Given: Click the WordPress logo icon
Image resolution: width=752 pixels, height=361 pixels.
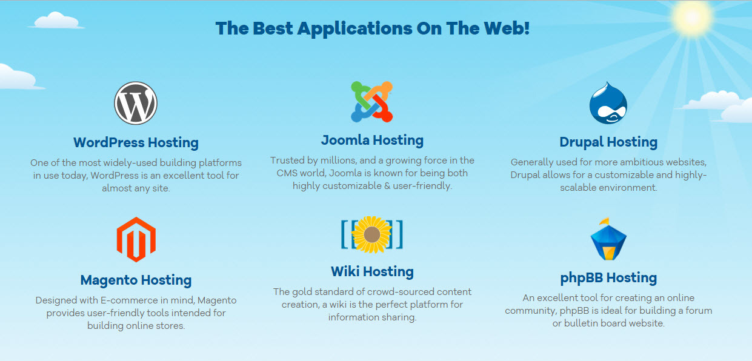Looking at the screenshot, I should (135, 103).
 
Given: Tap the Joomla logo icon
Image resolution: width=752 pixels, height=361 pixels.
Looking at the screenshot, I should (371, 101).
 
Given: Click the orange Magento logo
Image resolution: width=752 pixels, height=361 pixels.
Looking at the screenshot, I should (136, 239).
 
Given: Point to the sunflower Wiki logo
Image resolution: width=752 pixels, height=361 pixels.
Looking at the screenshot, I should (371, 234).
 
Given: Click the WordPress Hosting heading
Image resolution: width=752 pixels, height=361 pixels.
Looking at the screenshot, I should (136, 143).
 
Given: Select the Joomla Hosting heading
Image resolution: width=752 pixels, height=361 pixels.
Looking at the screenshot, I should (372, 141).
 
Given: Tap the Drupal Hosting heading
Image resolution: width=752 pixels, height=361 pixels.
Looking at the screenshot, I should (608, 142).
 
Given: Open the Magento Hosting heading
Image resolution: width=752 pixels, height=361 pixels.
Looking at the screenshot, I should (136, 280).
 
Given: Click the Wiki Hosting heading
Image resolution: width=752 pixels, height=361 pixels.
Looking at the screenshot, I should (372, 271).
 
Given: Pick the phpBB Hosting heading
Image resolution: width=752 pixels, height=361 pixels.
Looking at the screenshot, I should (608, 278).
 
